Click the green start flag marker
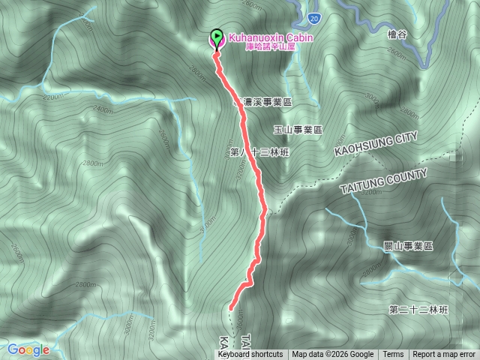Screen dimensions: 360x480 click(217, 36)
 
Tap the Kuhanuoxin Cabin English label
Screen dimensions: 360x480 click(271, 36)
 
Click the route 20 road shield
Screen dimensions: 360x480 click(313, 17)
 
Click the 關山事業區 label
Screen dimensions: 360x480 click(408, 246)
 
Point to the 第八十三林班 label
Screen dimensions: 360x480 click(259, 152)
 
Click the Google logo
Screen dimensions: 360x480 click(28, 349)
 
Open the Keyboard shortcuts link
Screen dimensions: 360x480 click(250, 355)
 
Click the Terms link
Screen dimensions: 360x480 click(393, 355)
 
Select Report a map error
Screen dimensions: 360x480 click(444, 355)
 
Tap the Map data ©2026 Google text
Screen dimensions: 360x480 click(332, 355)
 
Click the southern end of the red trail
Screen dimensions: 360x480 click(230, 307)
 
